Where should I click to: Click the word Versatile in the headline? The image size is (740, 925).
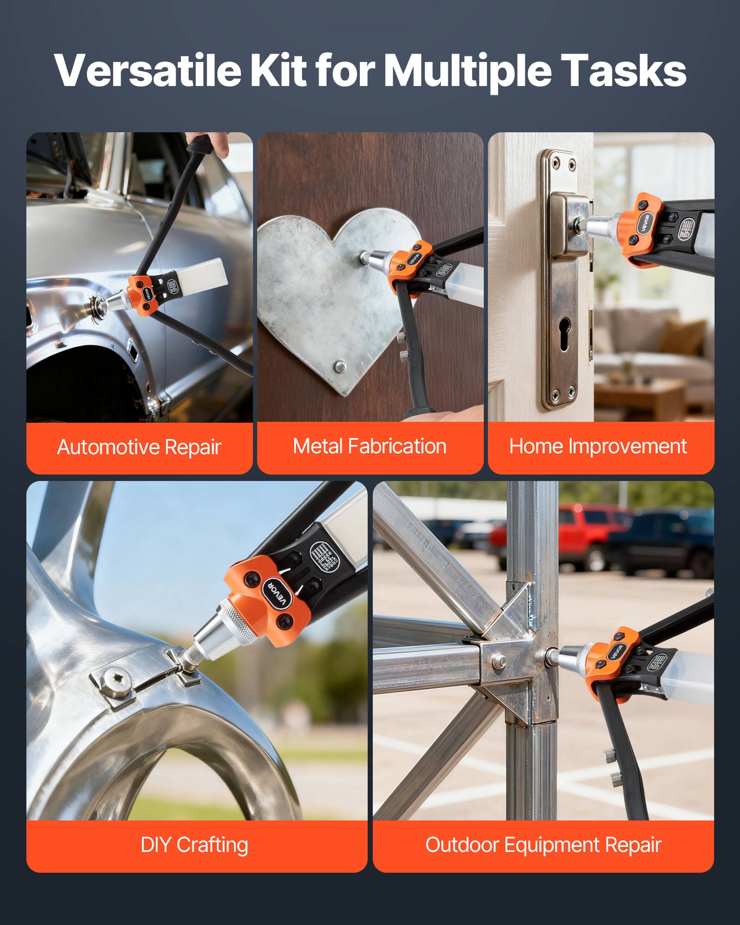pos(147,70)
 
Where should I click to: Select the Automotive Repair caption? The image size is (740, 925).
pos(139,447)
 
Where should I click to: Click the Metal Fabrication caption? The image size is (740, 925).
pos(370,446)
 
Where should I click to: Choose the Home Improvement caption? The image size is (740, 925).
pos(598,446)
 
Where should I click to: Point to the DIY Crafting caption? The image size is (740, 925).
pos(194,845)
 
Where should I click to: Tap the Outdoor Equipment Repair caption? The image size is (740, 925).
pos(543,845)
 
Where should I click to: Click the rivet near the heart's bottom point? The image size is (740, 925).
pos(340,367)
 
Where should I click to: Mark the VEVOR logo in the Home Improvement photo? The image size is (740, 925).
pos(645,223)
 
